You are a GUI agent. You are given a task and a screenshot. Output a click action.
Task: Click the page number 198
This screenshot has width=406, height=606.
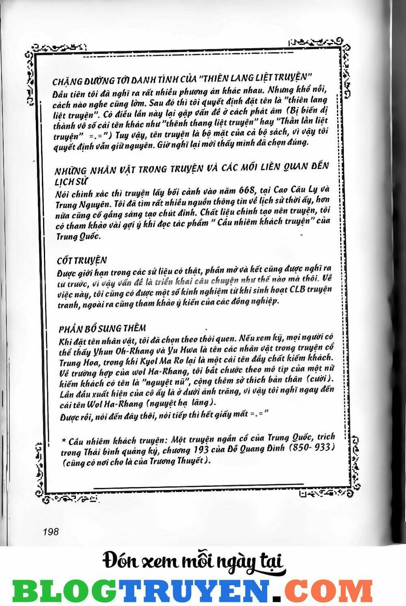point(50,532)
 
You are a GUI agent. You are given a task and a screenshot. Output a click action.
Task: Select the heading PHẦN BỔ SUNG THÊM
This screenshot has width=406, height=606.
point(102,328)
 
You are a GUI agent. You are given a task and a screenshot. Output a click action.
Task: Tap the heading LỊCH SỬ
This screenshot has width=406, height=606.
point(71,181)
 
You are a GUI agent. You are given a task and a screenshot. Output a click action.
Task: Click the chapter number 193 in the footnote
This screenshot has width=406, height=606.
point(200,450)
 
